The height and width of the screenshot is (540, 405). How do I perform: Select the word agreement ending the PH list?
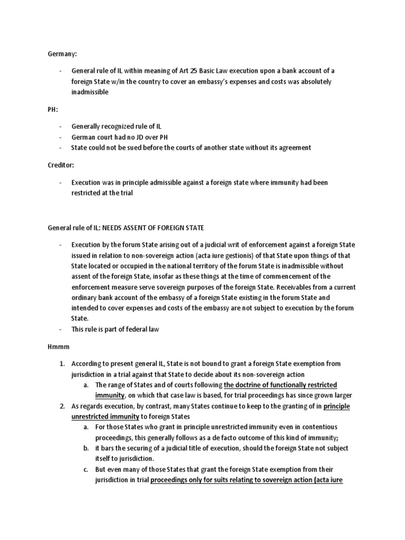(293, 148)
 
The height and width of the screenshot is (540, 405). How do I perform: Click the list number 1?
(61, 364)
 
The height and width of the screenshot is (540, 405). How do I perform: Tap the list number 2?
(61, 406)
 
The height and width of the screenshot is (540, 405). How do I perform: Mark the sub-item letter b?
(85, 448)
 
